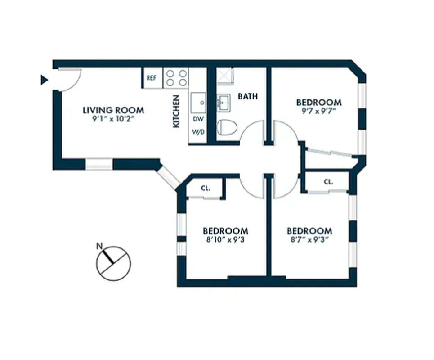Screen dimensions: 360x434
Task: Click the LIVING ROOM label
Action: click(113, 110)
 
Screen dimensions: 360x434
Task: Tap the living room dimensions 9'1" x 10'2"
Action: click(113, 120)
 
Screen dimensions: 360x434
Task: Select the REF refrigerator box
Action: click(152, 78)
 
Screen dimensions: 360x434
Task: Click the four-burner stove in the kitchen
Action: click(176, 78)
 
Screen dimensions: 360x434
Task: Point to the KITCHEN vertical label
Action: click(176, 111)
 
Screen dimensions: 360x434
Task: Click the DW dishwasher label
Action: click(197, 119)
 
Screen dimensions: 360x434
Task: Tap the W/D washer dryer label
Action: click(197, 133)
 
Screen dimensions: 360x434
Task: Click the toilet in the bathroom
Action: click(227, 128)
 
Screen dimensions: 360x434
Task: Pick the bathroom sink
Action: click(223, 103)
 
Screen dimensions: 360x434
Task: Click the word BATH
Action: click(248, 96)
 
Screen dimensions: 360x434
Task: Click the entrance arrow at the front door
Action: click(44, 80)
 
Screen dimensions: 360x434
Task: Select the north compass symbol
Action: click(113, 263)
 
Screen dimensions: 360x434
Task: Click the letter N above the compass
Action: click(99, 246)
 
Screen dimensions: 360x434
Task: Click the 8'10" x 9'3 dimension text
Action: click(225, 240)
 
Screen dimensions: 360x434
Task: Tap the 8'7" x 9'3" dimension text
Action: click(310, 240)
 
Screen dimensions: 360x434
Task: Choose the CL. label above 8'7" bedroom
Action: click(328, 182)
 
